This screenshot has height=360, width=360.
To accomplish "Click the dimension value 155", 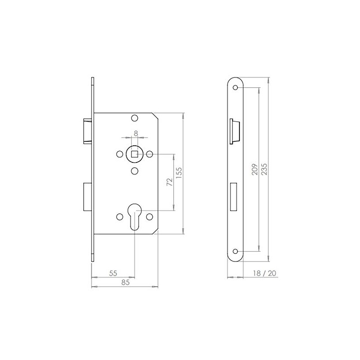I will point(179,173).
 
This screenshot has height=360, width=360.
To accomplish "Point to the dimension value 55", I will point(113,273).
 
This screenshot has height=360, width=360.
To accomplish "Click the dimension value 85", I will point(126,282).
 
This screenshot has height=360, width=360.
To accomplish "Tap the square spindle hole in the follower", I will point(135,154).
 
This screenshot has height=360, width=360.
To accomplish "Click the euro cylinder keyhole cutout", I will point(135,216).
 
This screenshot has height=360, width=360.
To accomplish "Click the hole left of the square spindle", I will point(119,154).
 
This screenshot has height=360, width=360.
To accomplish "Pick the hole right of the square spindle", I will point(150,154).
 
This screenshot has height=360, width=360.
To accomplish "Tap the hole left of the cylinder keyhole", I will point(119,217).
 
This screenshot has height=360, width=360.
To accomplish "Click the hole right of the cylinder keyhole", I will point(150,217).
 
